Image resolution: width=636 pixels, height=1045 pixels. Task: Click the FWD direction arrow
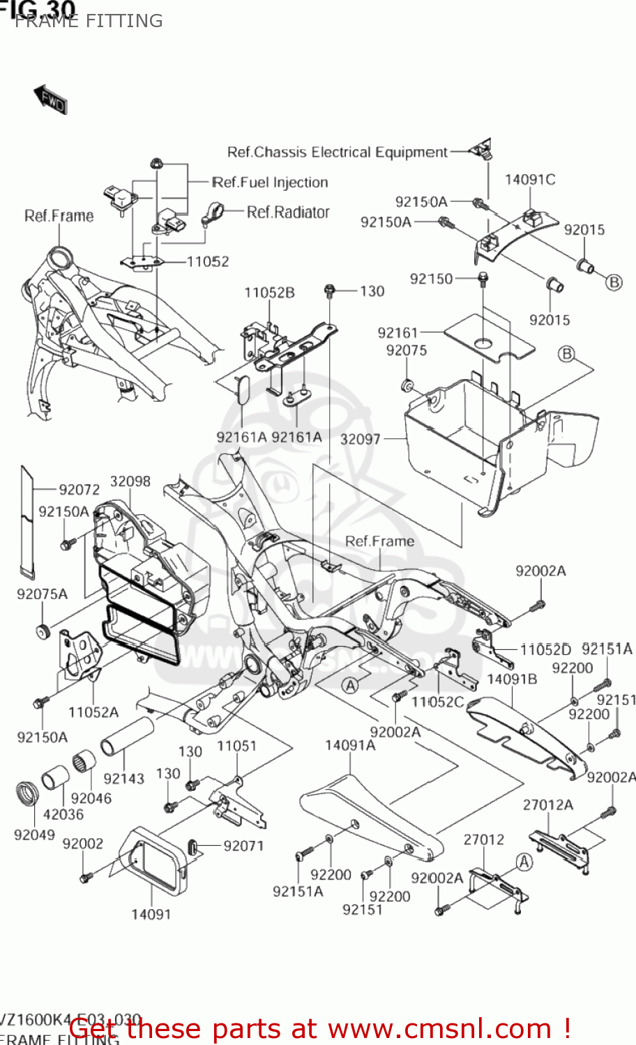coord(50,99)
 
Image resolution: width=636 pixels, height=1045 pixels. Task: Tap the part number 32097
coord(360,439)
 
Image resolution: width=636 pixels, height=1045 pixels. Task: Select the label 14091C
coord(530,180)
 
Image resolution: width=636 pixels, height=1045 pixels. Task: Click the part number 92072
coord(79,490)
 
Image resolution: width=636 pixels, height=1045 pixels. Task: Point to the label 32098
coord(130,481)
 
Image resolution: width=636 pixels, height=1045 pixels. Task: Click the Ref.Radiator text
coord(288,212)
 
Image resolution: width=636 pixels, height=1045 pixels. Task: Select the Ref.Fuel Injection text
coord(270,183)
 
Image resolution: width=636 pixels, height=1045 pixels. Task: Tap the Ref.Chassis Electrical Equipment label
coord(338,152)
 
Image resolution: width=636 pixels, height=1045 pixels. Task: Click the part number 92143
coord(123,778)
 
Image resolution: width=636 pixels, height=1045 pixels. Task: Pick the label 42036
coord(63,814)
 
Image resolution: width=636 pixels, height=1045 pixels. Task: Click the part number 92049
coord(34,834)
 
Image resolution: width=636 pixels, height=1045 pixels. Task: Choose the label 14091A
coord(350,745)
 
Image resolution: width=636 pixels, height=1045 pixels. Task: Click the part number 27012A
coord(548,805)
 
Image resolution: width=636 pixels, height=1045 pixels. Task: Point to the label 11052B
coord(269,293)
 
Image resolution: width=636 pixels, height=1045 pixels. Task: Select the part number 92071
coord(243,846)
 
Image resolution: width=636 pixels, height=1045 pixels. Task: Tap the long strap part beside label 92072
coord(26,522)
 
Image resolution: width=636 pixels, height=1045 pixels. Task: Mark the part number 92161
coord(397,333)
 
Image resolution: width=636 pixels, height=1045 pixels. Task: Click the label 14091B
coord(512,679)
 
